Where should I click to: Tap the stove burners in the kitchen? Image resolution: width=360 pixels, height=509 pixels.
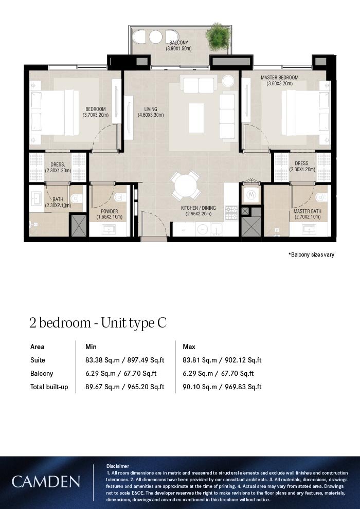tap(231, 213)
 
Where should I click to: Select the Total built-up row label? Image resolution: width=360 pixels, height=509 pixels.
tap(49, 387)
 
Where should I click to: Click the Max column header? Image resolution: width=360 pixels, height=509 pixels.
tap(189, 347)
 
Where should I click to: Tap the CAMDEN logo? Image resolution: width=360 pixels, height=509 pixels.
tap(46, 482)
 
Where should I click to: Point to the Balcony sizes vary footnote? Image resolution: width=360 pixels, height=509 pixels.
tap(311, 254)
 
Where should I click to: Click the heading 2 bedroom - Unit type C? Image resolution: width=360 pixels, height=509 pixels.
tap(98, 323)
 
